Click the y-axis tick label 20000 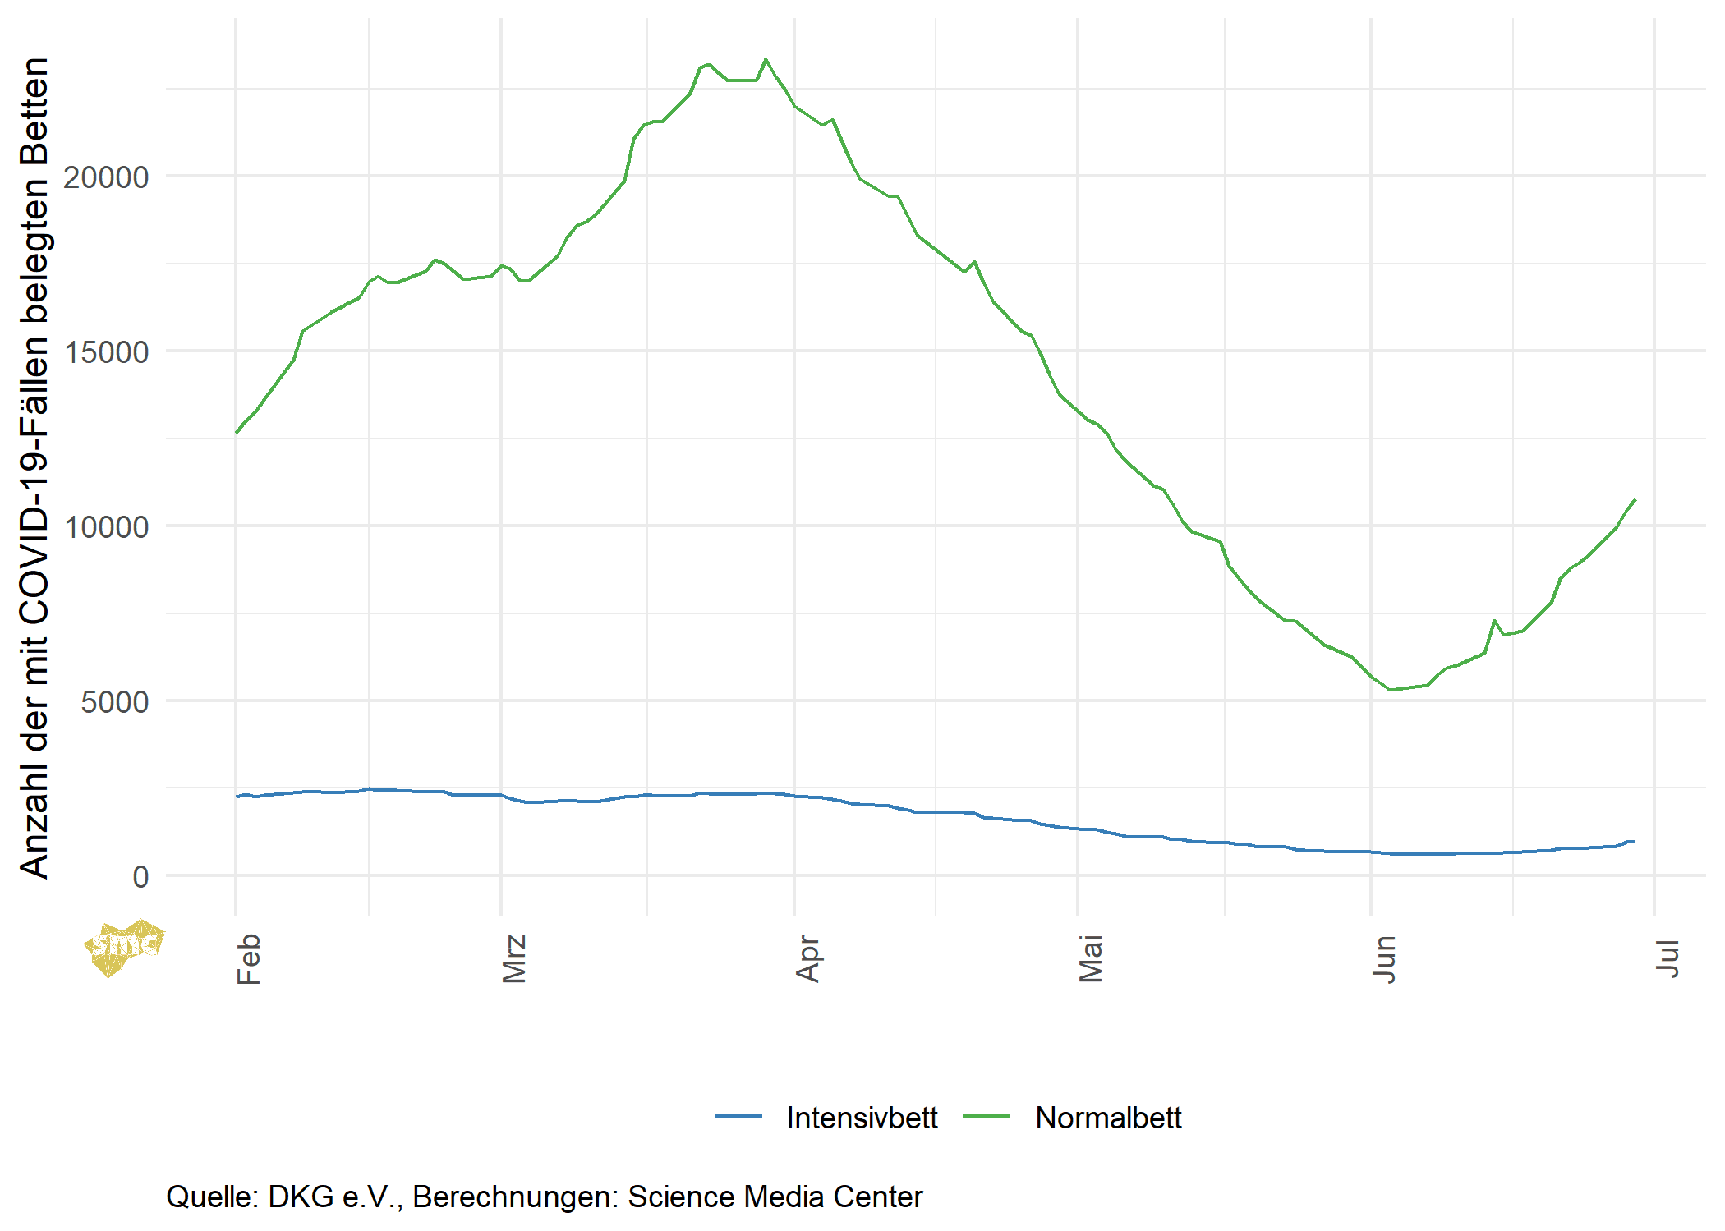106,177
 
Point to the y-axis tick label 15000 106,352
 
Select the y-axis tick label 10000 106,527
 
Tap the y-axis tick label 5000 114,702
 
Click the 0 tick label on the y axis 140,877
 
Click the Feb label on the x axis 248,958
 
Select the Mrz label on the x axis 513,958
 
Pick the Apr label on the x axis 807,958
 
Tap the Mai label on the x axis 1090,958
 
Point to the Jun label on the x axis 1384,958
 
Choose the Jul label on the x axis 1667,958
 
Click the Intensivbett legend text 862,1118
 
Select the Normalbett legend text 1108,1118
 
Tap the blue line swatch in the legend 738,1117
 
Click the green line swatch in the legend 986,1117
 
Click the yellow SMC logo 124,948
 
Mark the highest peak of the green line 766,60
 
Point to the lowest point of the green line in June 1391,690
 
